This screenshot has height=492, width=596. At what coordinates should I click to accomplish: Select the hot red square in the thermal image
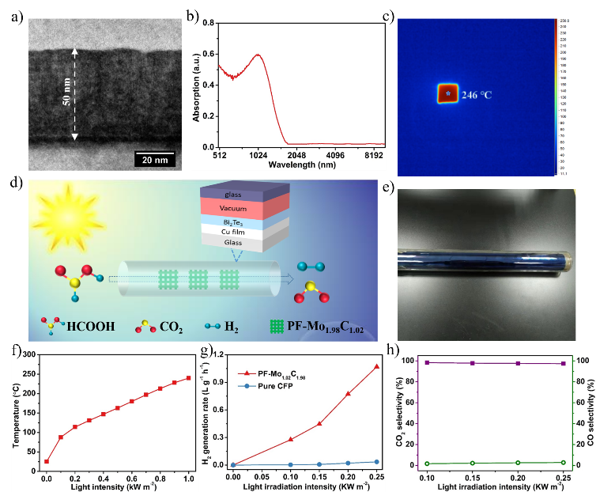click(x=448, y=93)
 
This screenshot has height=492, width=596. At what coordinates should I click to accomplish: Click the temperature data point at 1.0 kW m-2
click(x=189, y=378)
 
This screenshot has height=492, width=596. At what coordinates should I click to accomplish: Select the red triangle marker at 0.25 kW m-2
click(x=376, y=366)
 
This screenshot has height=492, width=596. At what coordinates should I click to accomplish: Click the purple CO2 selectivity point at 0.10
click(x=428, y=362)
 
